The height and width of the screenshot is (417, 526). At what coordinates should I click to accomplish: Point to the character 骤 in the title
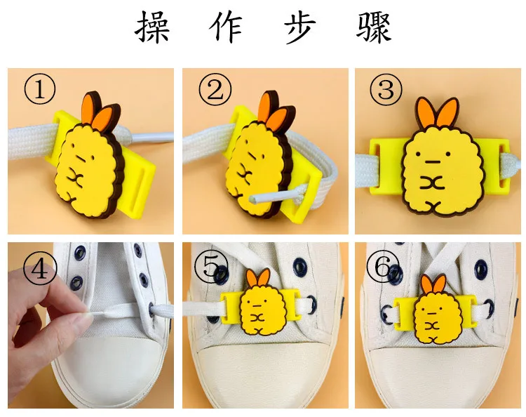pos(374,27)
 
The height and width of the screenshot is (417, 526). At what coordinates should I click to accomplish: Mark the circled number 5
pos(210,267)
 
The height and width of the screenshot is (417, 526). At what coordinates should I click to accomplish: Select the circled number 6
pos(382,267)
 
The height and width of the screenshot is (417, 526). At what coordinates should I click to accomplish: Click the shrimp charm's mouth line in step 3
pos(433,161)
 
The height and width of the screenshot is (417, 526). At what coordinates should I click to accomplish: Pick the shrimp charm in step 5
pos(256,302)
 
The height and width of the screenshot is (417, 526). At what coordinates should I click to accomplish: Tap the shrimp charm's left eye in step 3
pos(418,154)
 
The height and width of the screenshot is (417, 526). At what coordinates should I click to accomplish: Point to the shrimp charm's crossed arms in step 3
pos(433,183)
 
